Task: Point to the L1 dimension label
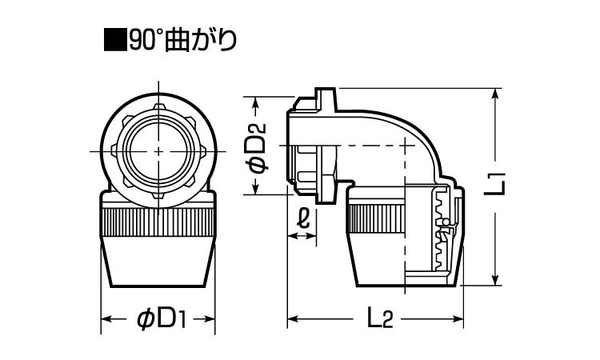pyautogui.click(x=497, y=184)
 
